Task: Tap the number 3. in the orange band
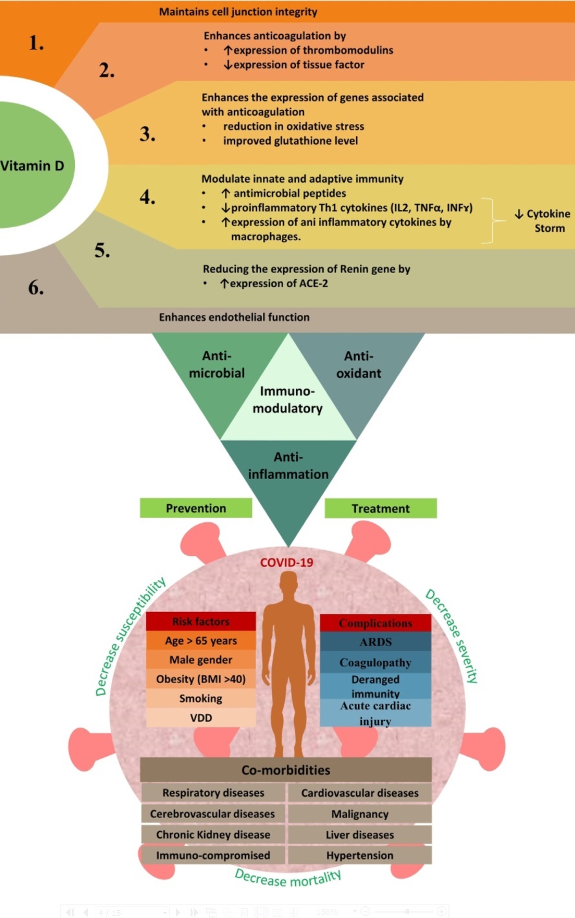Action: pyautogui.click(x=147, y=134)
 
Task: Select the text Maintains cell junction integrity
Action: pyautogui.click(x=238, y=12)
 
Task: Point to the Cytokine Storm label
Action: pyautogui.click(x=542, y=221)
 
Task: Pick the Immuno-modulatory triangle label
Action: pyautogui.click(x=287, y=400)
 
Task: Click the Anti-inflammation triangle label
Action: pyautogui.click(x=288, y=465)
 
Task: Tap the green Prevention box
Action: pyautogui.click(x=196, y=508)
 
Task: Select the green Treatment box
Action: pyautogui.click(x=381, y=509)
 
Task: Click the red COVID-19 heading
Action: pyautogui.click(x=287, y=562)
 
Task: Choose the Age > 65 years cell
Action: pyautogui.click(x=201, y=641)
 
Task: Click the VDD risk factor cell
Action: pyautogui.click(x=201, y=718)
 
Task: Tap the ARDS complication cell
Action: pyautogui.click(x=375, y=642)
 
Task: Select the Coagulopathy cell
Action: pyautogui.click(x=375, y=662)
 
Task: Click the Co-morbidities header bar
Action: pyautogui.click(x=286, y=770)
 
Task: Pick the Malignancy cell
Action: pyautogui.click(x=360, y=814)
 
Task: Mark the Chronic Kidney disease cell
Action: pyautogui.click(x=213, y=835)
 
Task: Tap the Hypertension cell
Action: pyautogui.click(x=360, y=855)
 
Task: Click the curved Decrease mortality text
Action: pyautogui.click(x=287, y=879)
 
